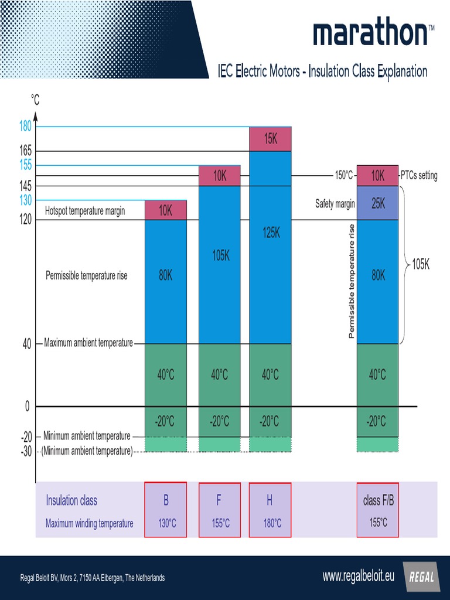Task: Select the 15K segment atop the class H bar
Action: click(x=270, y=139)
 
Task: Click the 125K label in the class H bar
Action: click(x=271, y=233)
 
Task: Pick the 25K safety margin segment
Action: click(x=378, y=203)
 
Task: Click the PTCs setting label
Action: click(x=419, y=176)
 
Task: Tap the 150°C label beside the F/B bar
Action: click(x=343, y=176)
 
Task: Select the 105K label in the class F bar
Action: click(x=220, y=255)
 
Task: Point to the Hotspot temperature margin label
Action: click(x=85, y=211)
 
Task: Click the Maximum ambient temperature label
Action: click(x=88, y=343)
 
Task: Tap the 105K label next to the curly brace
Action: click(x=420, y=265)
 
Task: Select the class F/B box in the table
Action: click(x=378, y=510)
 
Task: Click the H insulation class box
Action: click(x=270, y=510)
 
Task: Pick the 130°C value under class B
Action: click(x=166, y=523)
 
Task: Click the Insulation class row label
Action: click(x=71, y=500)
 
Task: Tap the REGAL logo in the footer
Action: click(x=421, y=577)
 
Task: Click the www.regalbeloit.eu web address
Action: click(x=358, y=576)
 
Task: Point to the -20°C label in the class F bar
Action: click(x=220, y=421)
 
